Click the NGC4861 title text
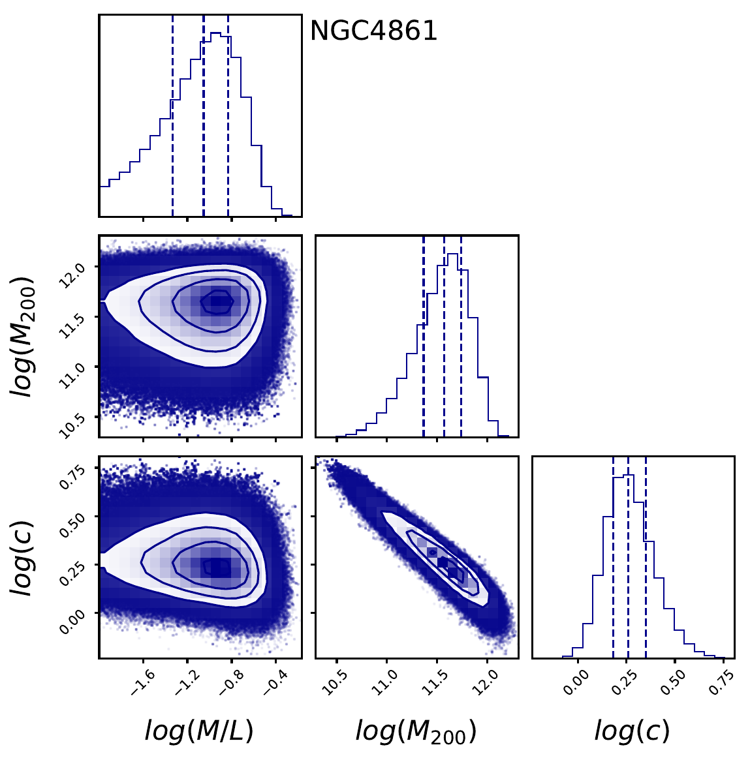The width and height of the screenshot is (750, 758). point(373,31)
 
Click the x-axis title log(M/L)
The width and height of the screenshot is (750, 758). point(199,731)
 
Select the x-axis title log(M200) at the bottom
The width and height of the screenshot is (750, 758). point(416,731)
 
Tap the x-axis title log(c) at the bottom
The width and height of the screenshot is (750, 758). point(632,731)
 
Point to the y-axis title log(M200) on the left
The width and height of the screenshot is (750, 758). point(25,337)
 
